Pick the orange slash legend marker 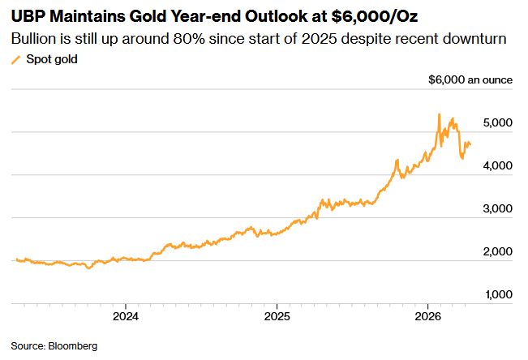(x=15, y=60)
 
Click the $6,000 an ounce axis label (x=470, y=80)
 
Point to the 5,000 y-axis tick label (x=497, y=123)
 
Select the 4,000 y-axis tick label (x=497, y=166)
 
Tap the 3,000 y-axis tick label (x=497, y=209)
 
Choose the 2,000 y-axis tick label (x=497, y=252)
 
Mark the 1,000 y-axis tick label (x=497, y=295)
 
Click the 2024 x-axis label (x=127, y=315)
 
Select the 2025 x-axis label (x=277, y=315)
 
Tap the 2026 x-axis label (x=428, y=315)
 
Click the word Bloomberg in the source (x=73, y=346)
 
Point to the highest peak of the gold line (x=439, y=114)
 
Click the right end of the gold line (x=471, y=144)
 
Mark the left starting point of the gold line (x=15, y=259)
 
